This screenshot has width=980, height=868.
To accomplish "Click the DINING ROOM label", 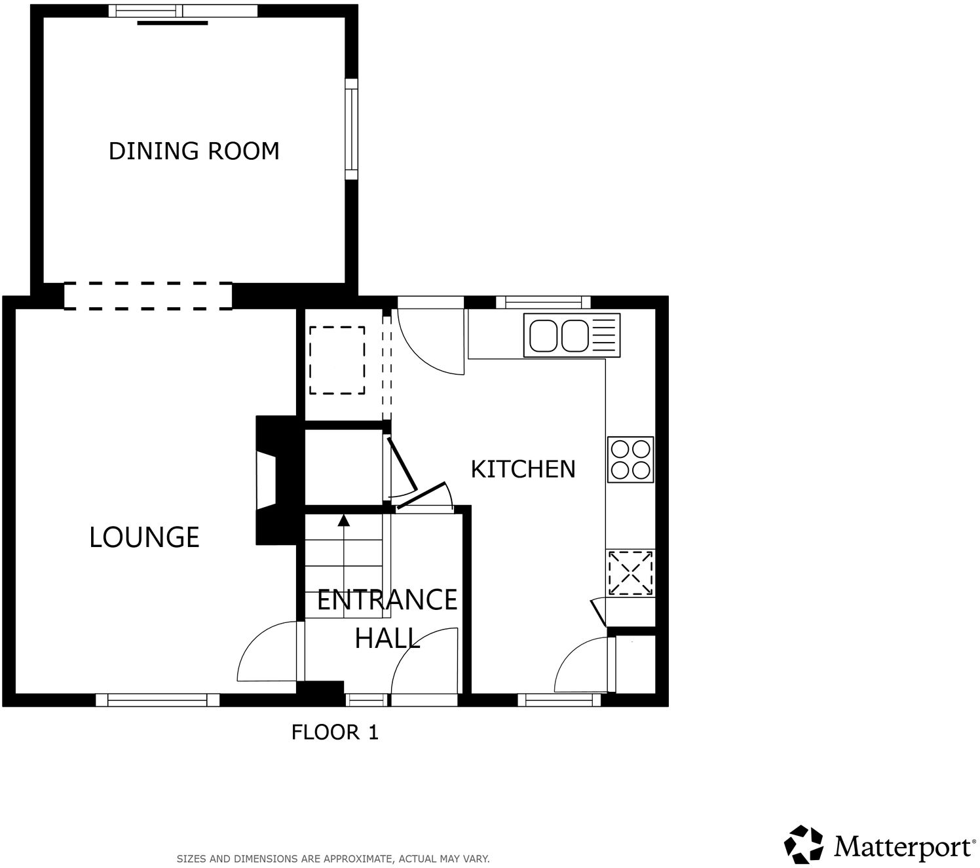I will click(x=194, y=151).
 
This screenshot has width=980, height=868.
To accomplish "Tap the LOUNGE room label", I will click(x=144, y=537).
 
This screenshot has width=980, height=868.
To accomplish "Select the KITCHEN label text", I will click(x=523, y=469).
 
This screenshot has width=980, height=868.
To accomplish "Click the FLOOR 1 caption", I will click(x=335, y=732).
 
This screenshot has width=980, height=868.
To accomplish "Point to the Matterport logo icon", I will click(x=804, y=844).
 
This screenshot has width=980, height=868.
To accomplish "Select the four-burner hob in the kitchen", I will click(x=630, y=459).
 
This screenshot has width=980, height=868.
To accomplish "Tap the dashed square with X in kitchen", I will click(x=630, y=573).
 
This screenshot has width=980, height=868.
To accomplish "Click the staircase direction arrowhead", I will click(x=343, y=521).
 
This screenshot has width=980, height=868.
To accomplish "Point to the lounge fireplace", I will click(x=267, y=480).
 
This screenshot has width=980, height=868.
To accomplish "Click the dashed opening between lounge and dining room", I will click(x=148, y=295).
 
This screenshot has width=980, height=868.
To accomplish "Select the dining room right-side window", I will click(x=352, y=129).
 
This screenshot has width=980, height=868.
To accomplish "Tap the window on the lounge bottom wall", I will click(x=157, y=700).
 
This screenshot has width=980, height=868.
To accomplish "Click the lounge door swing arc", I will click(x=262, y=652).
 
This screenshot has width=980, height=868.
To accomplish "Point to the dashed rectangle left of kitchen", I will click(x=337, y=360).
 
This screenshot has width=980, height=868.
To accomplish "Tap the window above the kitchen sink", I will click(x=543, y=302).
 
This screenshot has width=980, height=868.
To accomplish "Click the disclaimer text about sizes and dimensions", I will click(x=333, y=858).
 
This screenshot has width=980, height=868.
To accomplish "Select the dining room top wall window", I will click(x=183, y=10).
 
